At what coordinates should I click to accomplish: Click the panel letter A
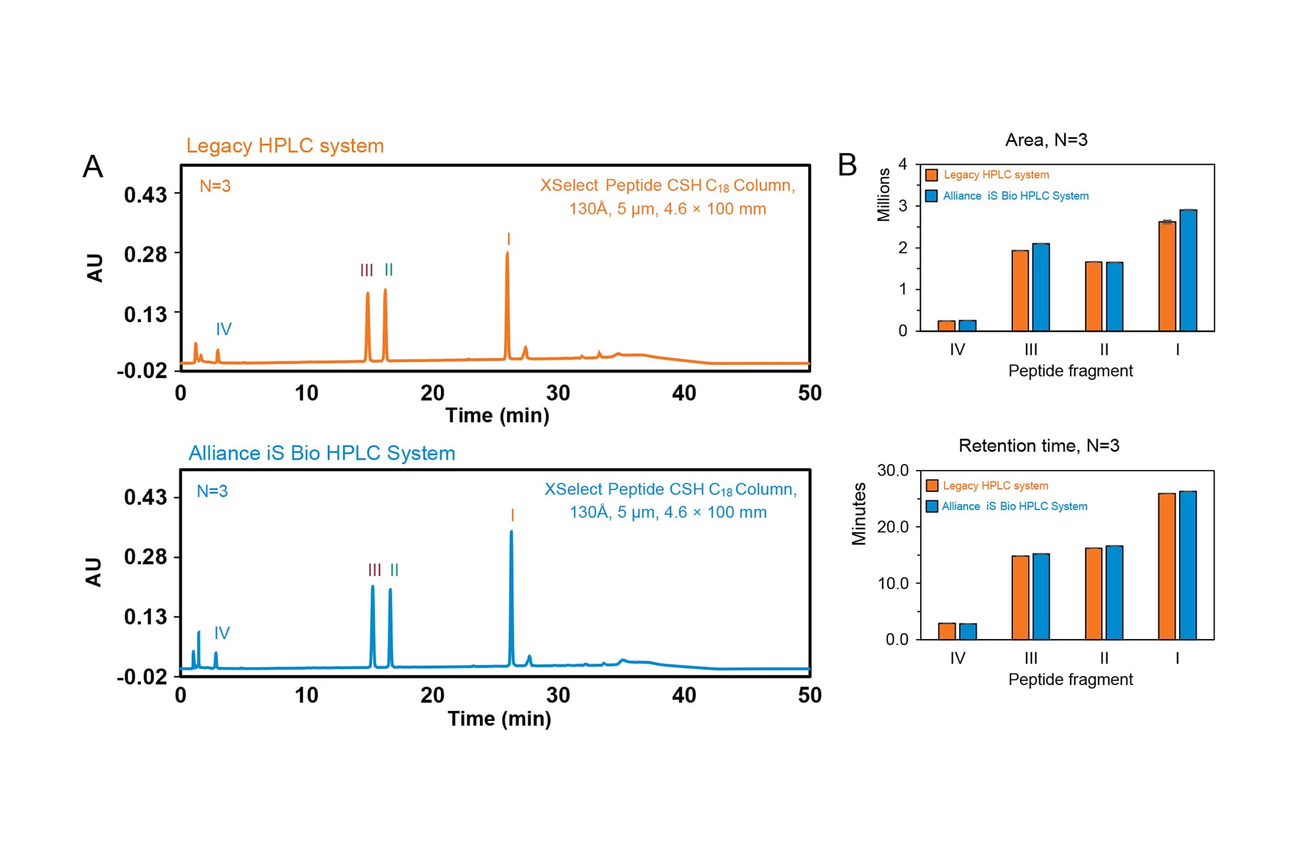pos(93,167)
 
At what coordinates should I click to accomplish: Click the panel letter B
pos(847,165)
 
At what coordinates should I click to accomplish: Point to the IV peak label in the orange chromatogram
pos(224,329)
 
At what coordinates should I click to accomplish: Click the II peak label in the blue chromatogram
pos(394,570)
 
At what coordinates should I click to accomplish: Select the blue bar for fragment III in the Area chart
pos(1041,288)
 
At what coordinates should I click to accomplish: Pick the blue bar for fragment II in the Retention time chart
pos(1114,593)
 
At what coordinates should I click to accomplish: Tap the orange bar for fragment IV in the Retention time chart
pos(947,631)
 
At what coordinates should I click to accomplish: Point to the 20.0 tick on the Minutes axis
pos(893,527)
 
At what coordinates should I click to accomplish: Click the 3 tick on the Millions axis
pos(903,206)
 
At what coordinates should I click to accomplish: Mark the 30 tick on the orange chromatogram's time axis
pos(558,393)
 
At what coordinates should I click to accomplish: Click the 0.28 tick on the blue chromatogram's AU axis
pos(145,557)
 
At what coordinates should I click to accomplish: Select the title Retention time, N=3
pos(1039,446)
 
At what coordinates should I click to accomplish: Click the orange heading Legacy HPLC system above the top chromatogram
pos(285,146)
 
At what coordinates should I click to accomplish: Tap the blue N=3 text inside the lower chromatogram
pos(212,491)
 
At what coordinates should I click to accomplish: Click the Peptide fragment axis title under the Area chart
pos(1070,371)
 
